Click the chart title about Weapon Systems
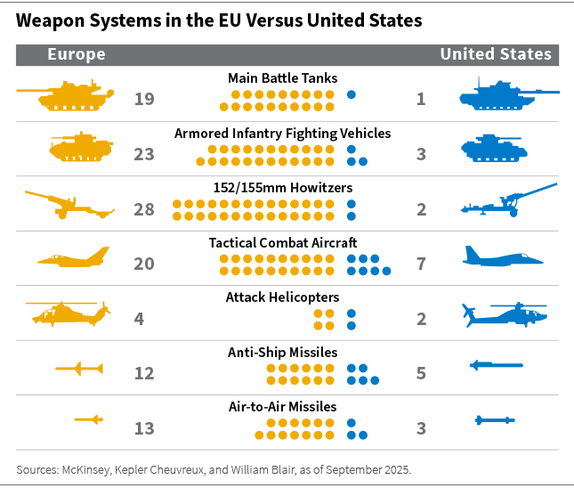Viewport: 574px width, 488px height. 219,20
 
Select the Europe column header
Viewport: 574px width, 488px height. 76,54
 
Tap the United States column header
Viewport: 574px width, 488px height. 496,54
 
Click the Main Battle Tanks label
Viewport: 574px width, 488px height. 282,78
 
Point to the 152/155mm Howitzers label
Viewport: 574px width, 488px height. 282,188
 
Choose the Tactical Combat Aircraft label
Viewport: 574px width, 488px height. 282,243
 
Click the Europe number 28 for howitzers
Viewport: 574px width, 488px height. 144,209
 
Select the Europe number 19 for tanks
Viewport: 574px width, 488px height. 144,99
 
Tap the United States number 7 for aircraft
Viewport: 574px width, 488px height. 421,264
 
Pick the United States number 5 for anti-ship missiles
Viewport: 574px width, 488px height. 421,373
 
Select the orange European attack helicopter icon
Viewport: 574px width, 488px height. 69,313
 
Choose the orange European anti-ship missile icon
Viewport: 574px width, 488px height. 79,368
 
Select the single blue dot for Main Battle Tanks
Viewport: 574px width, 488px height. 352,94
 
